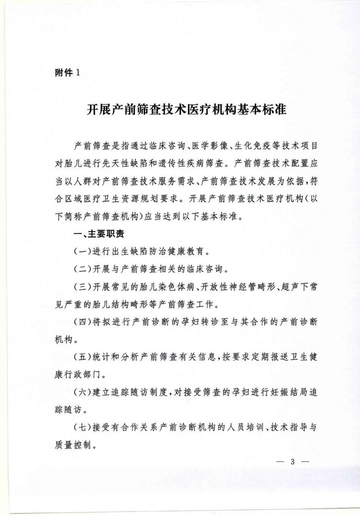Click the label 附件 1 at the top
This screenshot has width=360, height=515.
pyautogui.click(x=67, y=73)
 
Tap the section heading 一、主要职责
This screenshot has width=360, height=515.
pyautogui.click(x=99, y=234)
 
